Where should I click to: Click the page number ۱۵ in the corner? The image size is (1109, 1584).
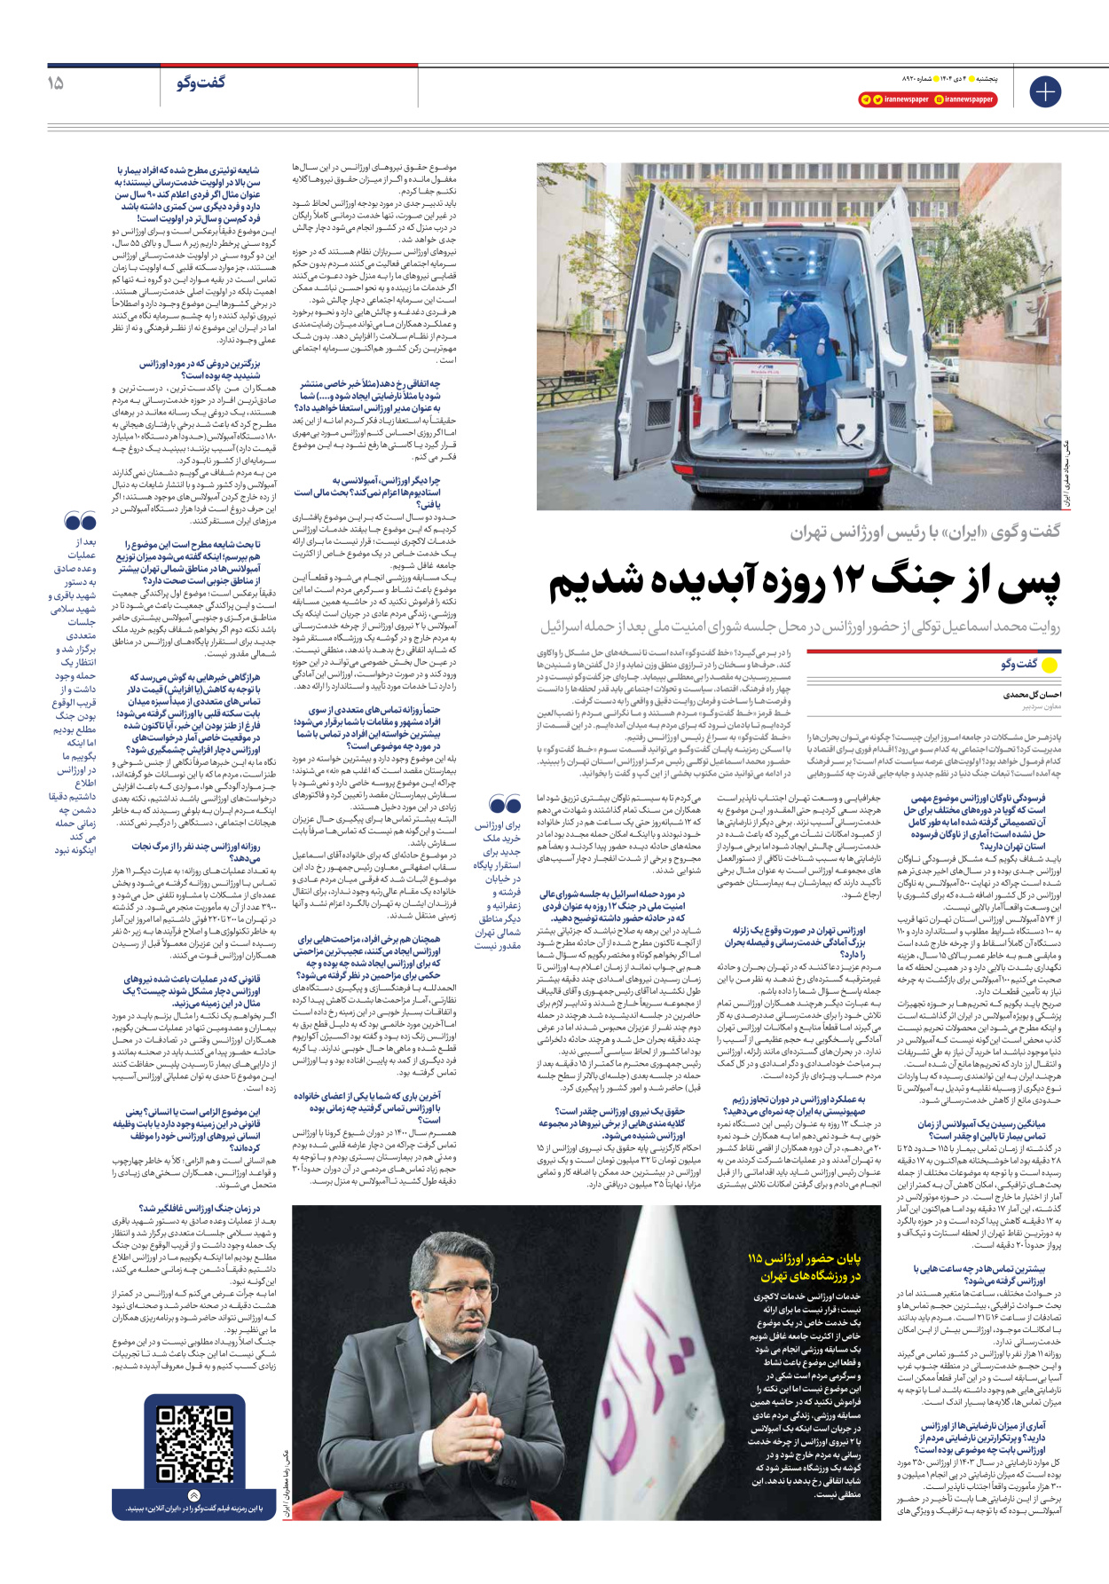55,83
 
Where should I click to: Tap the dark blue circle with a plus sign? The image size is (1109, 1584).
1045,91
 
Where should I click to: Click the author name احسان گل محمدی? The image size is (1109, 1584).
1032,695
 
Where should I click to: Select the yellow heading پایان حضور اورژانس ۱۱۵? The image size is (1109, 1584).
804,1267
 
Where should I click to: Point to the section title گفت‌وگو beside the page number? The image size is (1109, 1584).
201,83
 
